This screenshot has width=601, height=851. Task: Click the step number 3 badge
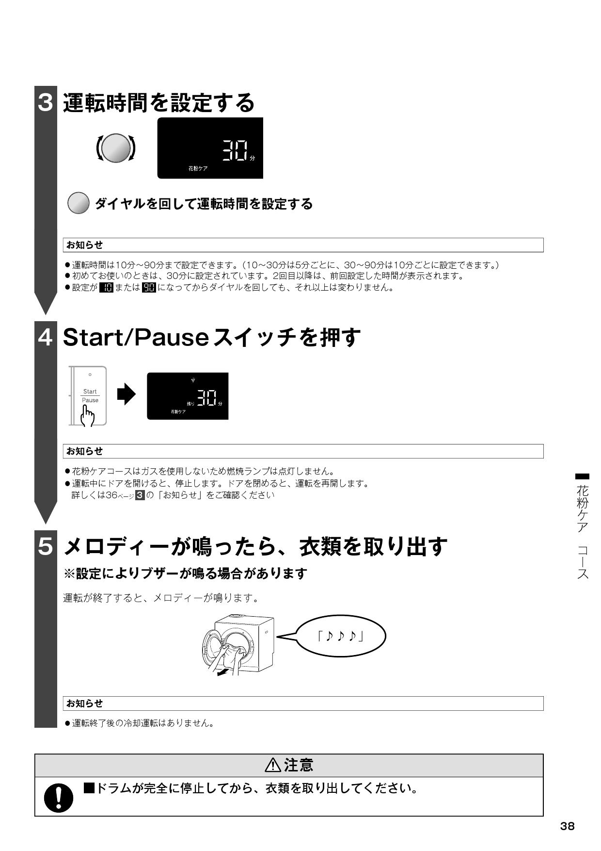[45, 102]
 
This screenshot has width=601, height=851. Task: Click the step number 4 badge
[45, 337]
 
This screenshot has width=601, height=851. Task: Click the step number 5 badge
[45, 546]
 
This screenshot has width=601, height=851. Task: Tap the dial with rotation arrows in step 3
[116, 148]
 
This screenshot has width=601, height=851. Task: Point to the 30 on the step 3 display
[235, 151]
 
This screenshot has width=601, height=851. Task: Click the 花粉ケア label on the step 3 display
[198, 168]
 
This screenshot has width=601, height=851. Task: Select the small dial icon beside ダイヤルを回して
[78, 204]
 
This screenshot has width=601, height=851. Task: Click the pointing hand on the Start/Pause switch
[88, 415]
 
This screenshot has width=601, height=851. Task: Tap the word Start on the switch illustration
[90, 392]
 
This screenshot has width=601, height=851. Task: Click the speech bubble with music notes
[341, 636]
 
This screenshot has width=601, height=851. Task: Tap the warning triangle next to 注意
[273, 765]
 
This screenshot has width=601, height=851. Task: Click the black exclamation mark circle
[59, 797]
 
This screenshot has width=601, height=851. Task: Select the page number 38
[567, 826]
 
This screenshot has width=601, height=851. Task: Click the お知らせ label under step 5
[85, 703]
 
